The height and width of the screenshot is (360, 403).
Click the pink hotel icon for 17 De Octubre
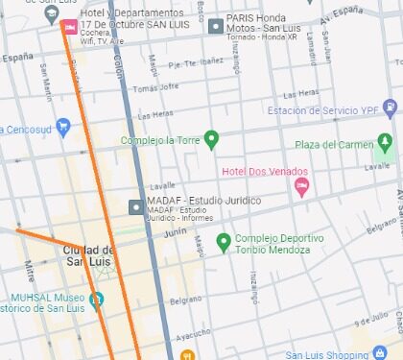[x=68, y=26]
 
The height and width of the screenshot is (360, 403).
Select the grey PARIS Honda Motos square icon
[x=215, y=26]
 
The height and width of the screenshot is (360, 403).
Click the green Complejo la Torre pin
[x=212, y=140]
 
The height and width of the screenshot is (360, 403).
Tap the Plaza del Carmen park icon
[x=385, y=144]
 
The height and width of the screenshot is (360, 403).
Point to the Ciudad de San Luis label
[x=89, y=255]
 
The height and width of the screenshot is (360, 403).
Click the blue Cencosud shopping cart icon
[x=63, y=126]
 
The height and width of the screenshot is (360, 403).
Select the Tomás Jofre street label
[x=155, y=87]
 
